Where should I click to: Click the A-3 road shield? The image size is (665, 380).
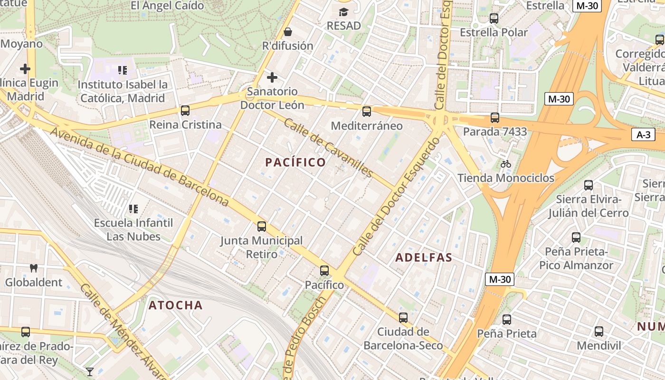[643, 134]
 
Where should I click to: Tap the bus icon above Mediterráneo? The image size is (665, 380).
[366, 112]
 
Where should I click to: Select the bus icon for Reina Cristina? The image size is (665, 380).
[185, 111]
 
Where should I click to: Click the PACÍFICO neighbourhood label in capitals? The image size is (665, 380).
[295, 162]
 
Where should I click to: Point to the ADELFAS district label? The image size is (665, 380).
[424, 257]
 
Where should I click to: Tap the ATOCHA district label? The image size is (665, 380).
[175, 305]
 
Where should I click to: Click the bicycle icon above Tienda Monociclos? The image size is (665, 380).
[506, 164]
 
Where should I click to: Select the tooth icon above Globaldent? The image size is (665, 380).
[33, 268]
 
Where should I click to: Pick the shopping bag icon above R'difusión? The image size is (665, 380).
[287, 32]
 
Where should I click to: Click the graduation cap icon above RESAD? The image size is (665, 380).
[343, 12]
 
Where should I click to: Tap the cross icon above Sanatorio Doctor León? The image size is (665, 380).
[272, 77]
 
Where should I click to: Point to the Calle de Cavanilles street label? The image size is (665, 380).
[328, 147]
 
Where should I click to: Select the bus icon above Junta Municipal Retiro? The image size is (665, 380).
[261, 227]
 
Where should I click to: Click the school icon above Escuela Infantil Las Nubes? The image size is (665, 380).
[133, 209]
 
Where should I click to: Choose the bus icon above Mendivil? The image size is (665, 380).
[598, 332]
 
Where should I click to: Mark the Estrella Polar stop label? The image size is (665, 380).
[494, 32]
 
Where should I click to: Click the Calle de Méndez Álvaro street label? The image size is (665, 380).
[123, 332]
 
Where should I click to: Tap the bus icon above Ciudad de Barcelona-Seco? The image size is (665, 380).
[403, 318]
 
